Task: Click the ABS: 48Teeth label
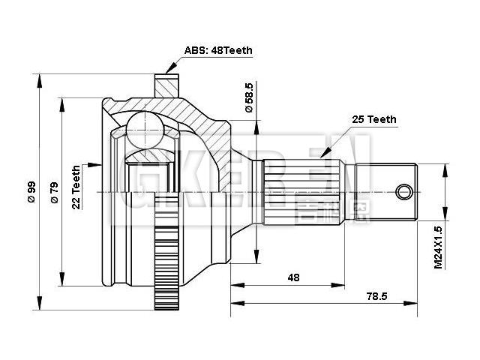[218, 51]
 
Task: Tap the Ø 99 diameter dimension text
[31, 192]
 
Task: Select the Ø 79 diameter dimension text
[54, 192]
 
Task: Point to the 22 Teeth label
[76, 187]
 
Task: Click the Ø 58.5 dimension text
[250, 98]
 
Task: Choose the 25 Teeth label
[374, 119]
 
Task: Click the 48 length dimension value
[293, 277]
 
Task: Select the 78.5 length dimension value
[376, 296]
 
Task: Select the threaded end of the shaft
[393, 191]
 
